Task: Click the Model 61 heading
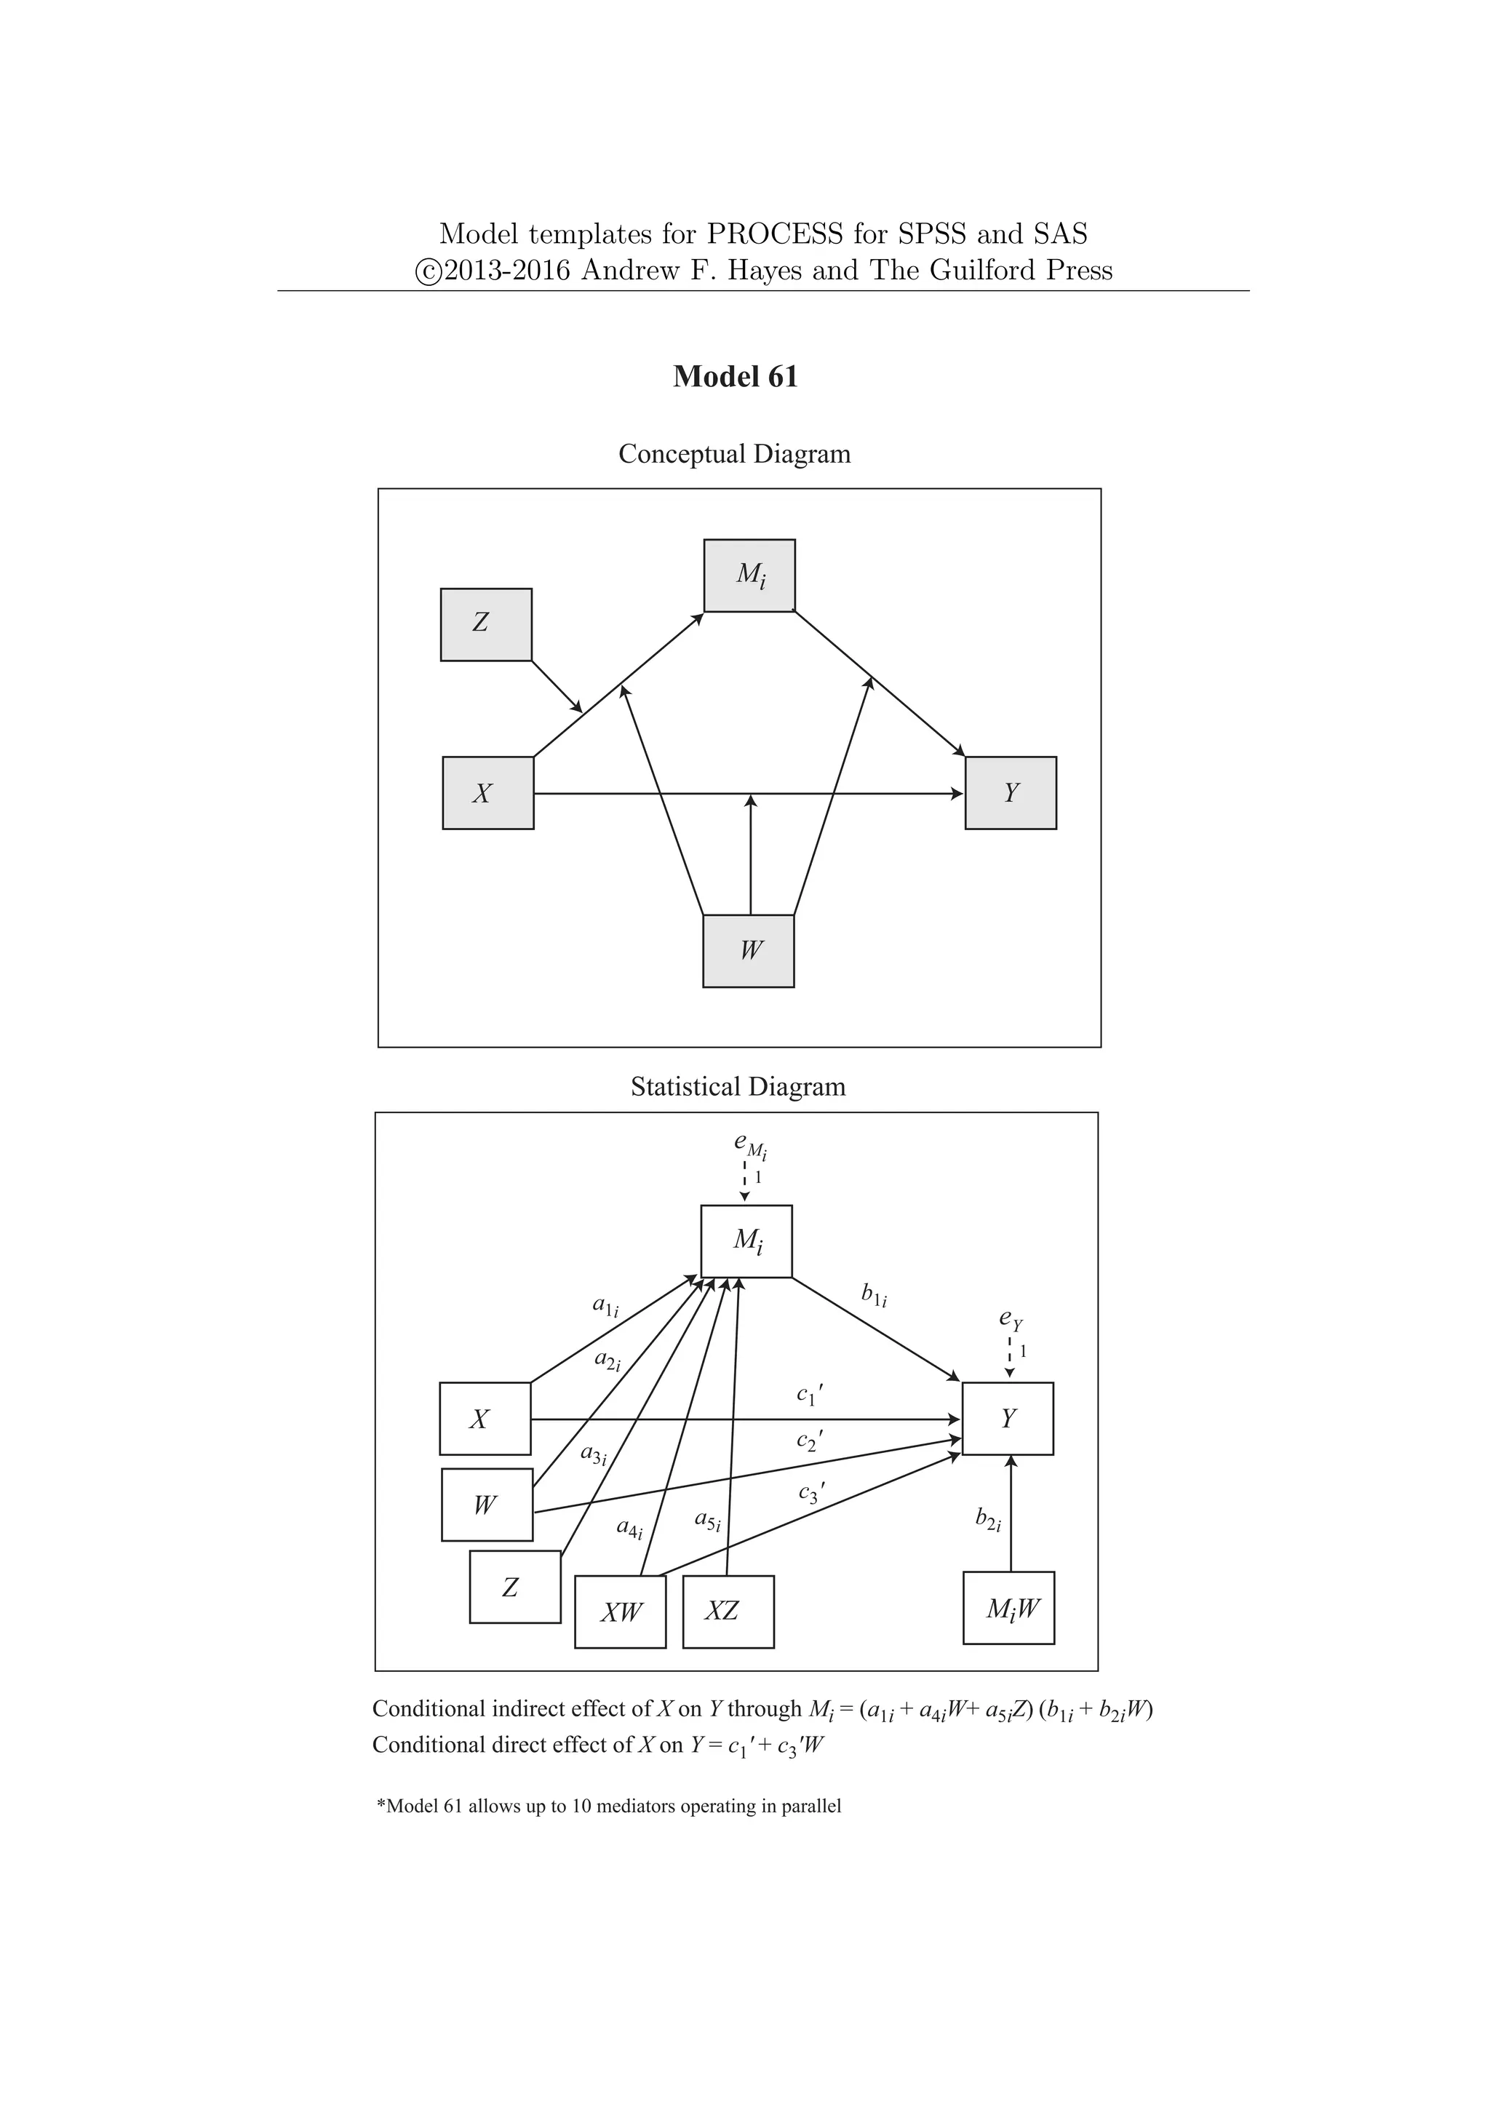[x=735, y=377]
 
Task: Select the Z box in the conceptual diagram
[x=486, y=624]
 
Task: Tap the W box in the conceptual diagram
[x=748, y=951]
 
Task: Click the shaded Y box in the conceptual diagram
[x=1010, y=793]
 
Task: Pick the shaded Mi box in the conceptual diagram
[x=749, y=575]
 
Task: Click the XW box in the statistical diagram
[x=620, y=1612]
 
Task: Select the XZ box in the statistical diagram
[x=728, y=1612]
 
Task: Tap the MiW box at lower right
[x=1008, y=1608]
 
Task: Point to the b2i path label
[x=987, y=1520]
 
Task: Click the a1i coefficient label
[x=605, y=1305]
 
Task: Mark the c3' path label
[x=811, y=1494]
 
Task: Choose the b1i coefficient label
[x=874, y=1295]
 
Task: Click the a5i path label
[x=706, y=1521]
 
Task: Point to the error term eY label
[x=1010, y=1320]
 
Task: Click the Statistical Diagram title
[x=738, y=1086]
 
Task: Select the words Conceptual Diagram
[x=734, y=454]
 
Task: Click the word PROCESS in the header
[x=773, y=234]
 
